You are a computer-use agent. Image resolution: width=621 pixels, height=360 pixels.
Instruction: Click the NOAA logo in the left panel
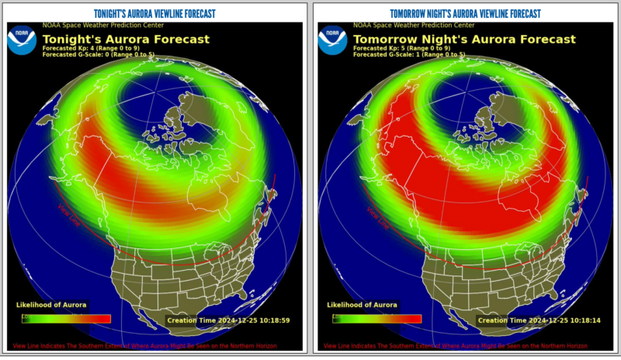[x=22, y=40]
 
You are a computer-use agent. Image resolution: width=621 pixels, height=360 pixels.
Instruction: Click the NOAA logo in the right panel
[x=332, y=40]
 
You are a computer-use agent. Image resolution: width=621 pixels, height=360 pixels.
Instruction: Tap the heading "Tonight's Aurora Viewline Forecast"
[x=154, y=13]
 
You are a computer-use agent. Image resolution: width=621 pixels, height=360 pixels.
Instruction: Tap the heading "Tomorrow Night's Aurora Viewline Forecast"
[x=465, y=13]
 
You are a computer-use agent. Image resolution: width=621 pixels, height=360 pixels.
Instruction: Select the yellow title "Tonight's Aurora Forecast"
[x=126, y=39]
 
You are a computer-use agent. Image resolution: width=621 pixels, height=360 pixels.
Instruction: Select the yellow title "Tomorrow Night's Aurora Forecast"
[x=465, y=39]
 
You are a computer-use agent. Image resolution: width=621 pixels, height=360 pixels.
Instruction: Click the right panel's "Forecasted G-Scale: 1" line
[x=409, y=54]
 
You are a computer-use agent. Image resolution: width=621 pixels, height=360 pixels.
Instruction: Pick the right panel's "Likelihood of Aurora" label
[x=362, y=305]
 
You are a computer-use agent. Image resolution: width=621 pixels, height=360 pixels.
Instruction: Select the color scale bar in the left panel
[x=66, y=318]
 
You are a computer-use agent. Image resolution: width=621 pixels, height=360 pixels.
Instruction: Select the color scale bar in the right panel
[x=376, y=318]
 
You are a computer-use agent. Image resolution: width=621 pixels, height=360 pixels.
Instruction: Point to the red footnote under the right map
[x=455, y=345]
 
